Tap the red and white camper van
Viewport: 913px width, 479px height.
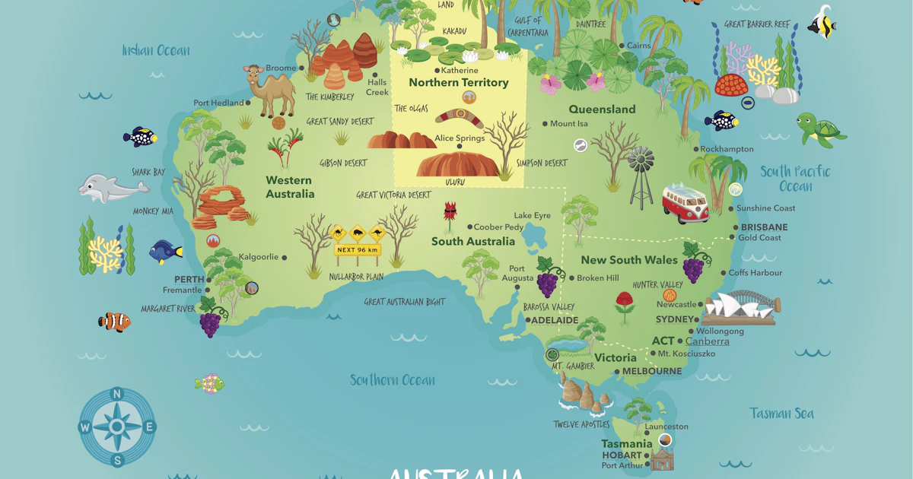(x=686, y=202)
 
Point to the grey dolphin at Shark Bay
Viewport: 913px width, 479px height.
(x=111, y=187)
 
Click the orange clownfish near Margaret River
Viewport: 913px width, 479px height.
(x=115, y=322)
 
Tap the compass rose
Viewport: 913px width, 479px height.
(x=117, y=427)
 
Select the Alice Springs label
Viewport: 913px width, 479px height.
(x=459, y=138)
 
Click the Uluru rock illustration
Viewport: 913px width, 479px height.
(x=456, y=164)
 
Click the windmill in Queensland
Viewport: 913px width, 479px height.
(x=641, y=175)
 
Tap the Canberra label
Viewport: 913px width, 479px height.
(x=707, y=341)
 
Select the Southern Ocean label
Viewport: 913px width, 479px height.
(x=393, y=380)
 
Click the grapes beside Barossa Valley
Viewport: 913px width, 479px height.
(x=547, y=278)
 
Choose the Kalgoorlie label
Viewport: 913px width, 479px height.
(x=259, y=257)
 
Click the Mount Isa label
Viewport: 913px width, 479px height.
(x=568, y=123)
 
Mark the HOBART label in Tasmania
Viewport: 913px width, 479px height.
(x=622, y=455)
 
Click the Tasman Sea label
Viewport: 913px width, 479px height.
(x=781, y=414)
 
